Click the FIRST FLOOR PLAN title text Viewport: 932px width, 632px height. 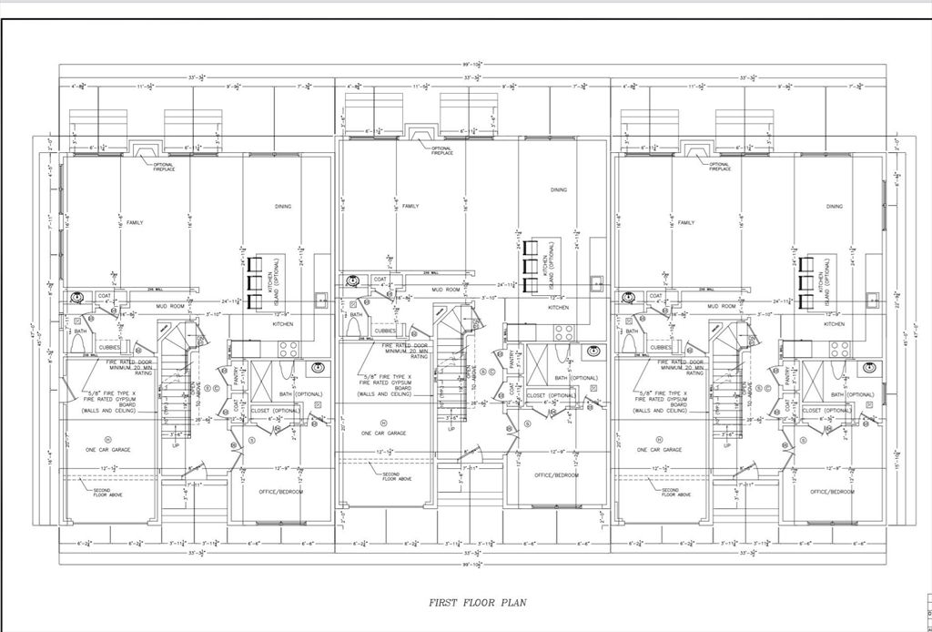point(477,602)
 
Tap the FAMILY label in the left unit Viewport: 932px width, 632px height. point(135,222)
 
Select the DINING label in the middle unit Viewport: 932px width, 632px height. point(559,190)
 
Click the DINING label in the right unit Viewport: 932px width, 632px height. point(834,207)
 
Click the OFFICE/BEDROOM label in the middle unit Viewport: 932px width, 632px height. point(557,474)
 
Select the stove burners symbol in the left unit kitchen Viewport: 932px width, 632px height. point(289,348)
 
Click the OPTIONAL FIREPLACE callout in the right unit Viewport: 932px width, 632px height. point(719,167)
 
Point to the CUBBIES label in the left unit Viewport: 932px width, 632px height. point(110,347)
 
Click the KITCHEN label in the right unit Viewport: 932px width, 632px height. point(834,324)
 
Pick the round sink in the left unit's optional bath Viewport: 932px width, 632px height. point(317,368)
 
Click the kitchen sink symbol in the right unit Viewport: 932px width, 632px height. point(871,298)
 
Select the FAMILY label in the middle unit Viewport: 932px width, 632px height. point(410,206)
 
